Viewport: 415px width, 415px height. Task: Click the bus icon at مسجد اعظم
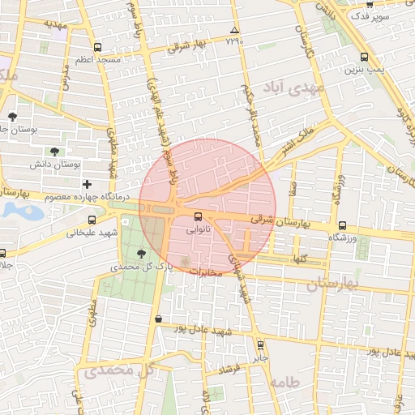pos(98,47)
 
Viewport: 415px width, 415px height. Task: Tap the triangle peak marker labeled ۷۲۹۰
pos(235,30)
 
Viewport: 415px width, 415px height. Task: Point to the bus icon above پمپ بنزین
pos(364,57)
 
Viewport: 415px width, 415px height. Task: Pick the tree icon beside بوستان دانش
pos(54,151)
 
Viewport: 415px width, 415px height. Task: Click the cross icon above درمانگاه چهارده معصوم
pos(88,185)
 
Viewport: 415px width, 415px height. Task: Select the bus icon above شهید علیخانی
pos(92,220)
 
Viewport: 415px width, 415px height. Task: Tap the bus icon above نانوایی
pos(199,216)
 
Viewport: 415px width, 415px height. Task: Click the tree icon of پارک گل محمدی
pos(143,254)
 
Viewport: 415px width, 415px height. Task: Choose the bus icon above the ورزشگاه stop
pos(342,225)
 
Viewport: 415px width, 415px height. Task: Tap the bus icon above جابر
pos(259,344)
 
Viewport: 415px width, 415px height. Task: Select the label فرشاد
pos(230,370)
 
